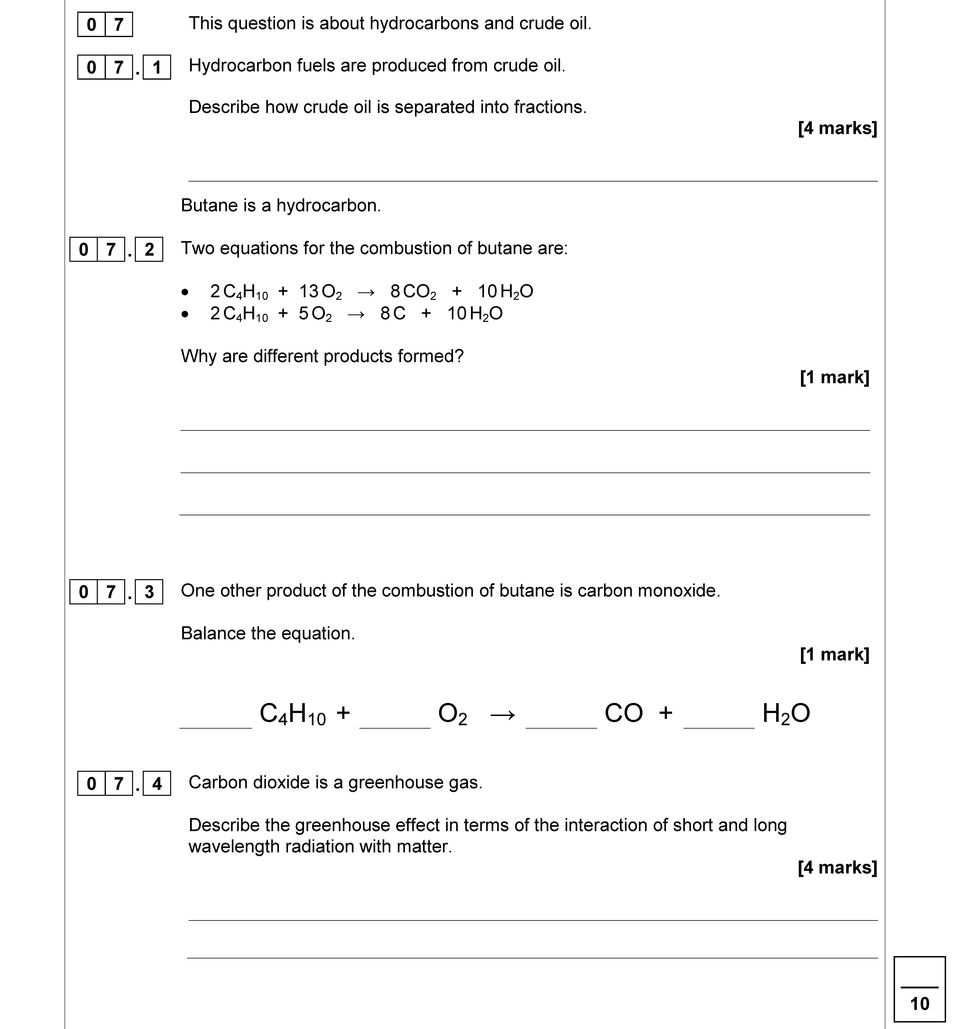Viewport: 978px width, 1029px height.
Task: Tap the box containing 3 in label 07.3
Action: (x=149, y=592)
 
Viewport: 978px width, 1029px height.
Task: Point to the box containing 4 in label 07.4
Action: (x=156, y=783)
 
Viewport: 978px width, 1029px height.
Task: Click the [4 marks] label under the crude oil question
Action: (x=837, y=128)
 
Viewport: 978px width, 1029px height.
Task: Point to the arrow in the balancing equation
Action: (x=503, y=715)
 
